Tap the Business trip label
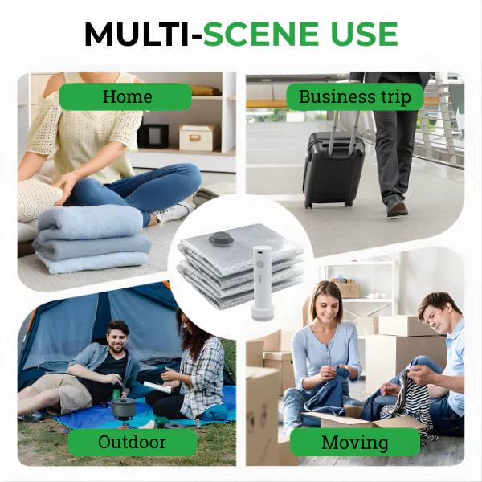(x=354, y=97)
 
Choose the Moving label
(x=354, y=442)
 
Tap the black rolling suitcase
(x=333, y=170)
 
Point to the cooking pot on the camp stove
(x=122, y=407)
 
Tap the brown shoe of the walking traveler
(x=397, y=206)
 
